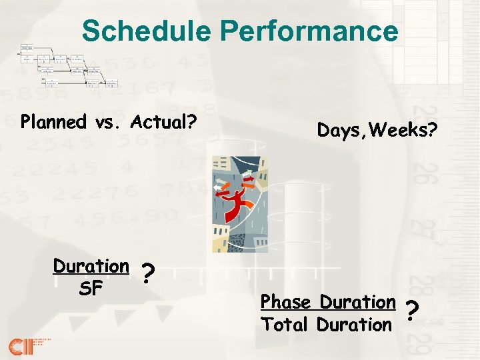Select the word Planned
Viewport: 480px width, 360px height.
point(54,122)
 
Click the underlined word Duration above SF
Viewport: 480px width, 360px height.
point(91,266)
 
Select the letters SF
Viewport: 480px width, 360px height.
point(91,289)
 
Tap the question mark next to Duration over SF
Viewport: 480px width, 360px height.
point(149,273)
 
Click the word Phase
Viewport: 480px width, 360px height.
point(287,302)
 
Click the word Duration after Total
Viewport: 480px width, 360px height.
point(355,325)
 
